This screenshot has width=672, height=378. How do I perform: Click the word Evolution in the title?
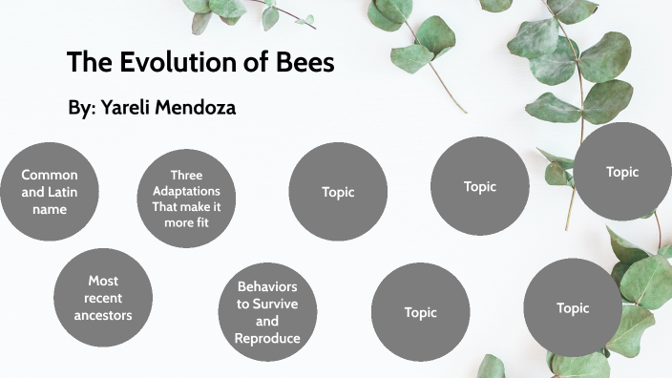[192, 63]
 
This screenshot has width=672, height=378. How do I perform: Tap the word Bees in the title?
[303, 63]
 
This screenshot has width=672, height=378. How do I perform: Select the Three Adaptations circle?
[186, 199]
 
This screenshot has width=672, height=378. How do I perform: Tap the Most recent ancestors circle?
[102, 298]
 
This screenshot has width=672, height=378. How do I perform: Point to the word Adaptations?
[186, 191]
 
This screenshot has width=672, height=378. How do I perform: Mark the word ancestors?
[102, 314]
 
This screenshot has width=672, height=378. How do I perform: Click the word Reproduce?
[267, 338]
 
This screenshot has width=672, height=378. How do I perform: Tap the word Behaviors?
[267, 286]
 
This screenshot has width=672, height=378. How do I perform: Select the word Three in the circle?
[186, 176]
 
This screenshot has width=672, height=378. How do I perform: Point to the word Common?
[50, 175]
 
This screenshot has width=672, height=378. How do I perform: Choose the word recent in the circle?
[102, 298]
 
